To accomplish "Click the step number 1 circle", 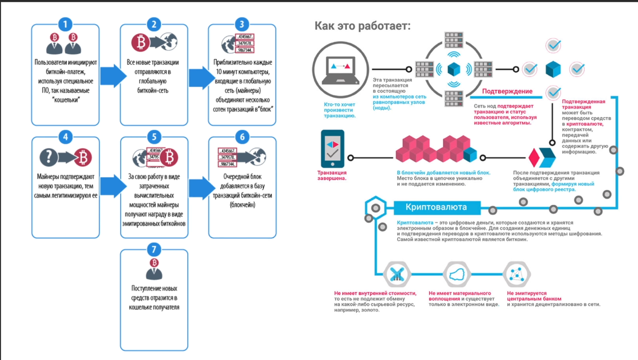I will (x=65, y=24).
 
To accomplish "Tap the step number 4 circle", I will (x=65, y=137).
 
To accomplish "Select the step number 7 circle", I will (x=154, y=249).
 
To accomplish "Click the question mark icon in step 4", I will (x=49, y=157).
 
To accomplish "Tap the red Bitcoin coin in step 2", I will (x=140, y=43).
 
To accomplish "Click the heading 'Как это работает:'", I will (x=362, y=26).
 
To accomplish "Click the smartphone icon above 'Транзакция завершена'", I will (x=332, y=149).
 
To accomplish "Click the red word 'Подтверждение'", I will (x=507, y=91).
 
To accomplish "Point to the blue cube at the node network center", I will (x=454, y=69).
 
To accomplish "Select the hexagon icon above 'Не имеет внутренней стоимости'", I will (x=397, y=274).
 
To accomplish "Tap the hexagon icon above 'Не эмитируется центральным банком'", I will (x=516, y=274).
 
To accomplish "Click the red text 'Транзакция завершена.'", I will (x=332, y=175).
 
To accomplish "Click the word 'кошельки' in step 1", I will (x=66, y=99).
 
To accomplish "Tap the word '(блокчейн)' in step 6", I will (x=242, y=204).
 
